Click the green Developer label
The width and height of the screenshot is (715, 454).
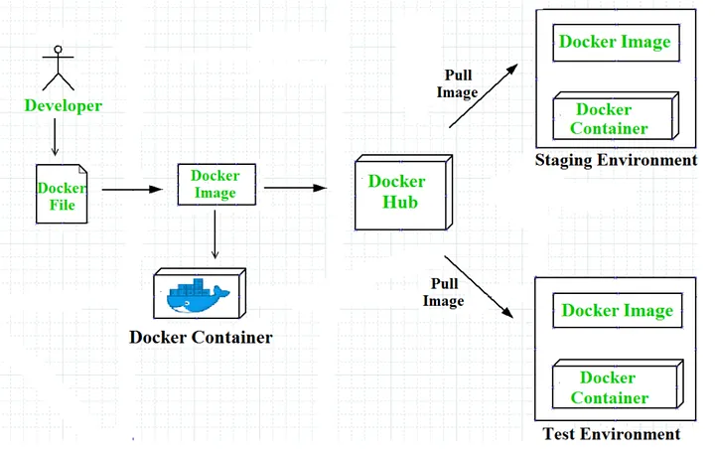[x=63, y=105]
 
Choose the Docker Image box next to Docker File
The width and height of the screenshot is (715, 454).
[x=215, y=185]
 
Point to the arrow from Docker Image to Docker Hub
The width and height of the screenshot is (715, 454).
[x=295, y=186]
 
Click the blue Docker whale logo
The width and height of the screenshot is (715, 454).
[x=198, y=294]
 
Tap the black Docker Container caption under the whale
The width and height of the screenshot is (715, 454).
[x=201, y=337]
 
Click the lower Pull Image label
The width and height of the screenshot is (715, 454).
[x=444, y=292]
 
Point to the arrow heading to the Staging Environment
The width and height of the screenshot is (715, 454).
[x=484, y=95]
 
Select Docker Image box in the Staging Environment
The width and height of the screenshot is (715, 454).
[x=615, y=42]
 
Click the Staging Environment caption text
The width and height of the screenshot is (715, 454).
[x=616, y=160]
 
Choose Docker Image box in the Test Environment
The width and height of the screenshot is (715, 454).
[x=617, y=311]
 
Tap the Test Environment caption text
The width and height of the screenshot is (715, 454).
[x=612, y=434]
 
